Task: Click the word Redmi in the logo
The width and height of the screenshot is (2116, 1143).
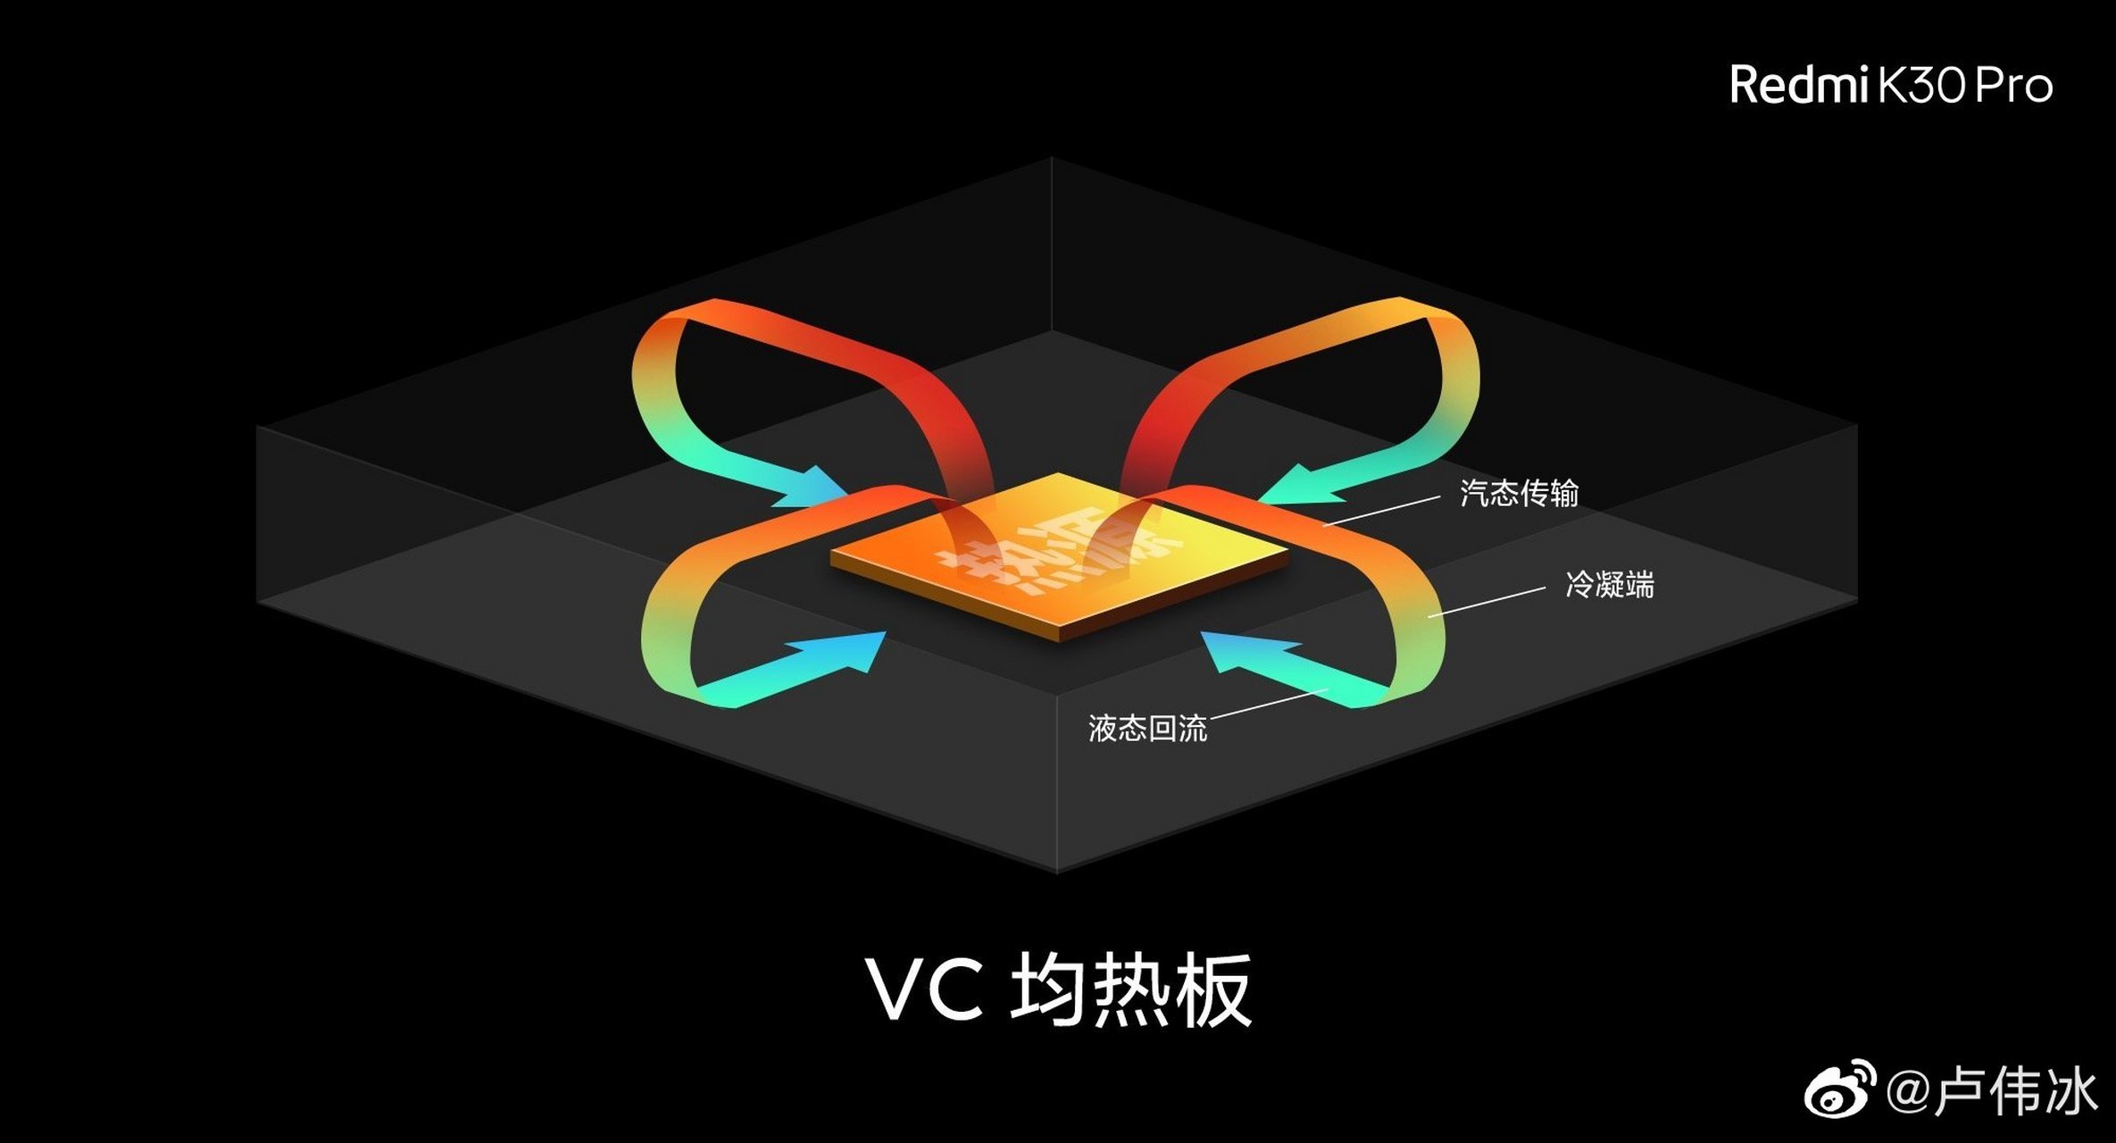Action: tap(1798, 86)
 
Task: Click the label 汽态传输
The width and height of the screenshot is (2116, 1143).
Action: tap(1519, 493)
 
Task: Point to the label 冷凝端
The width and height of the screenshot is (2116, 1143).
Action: tap(1610, 585)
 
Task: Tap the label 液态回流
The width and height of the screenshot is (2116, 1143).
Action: tap(1147, 728)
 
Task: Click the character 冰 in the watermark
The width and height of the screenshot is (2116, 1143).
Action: tap(2066, 1091)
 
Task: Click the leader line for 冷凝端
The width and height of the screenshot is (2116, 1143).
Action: tap(1487, 603)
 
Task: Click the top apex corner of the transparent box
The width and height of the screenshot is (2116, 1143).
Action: tap(1052, 158)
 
